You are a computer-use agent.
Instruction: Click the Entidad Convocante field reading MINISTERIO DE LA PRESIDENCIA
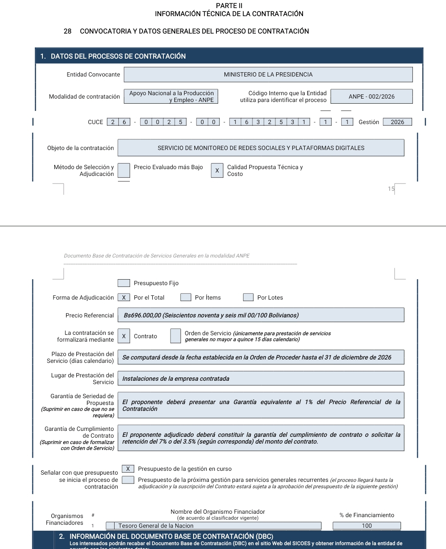(268, 74)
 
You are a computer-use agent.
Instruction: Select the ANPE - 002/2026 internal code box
(371, 96)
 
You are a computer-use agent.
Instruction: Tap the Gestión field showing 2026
(397, 122)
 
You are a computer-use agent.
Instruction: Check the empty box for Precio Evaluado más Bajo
(124, 170)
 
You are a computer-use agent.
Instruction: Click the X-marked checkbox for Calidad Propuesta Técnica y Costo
(217, 170)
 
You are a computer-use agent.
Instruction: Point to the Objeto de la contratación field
(261, 148)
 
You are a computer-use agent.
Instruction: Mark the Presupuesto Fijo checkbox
(124, 283)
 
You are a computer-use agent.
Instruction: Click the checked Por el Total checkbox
(124, 297)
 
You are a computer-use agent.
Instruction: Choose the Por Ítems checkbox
(185, 297)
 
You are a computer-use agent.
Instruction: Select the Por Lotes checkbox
(248, 297)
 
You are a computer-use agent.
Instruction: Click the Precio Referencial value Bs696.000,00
(261, 315)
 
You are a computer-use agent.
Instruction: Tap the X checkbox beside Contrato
(124, 336)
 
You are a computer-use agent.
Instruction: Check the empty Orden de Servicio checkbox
(175, 336)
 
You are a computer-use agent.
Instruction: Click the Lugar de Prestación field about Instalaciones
(261, 379)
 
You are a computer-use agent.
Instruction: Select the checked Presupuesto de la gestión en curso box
(128, 469)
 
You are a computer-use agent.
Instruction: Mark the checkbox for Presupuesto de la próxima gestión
(128, 480)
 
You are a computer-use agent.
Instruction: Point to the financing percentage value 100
(367, 526)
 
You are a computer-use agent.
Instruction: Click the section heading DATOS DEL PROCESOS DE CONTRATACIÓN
(118, 56)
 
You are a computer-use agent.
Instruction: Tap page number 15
(391, 189)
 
